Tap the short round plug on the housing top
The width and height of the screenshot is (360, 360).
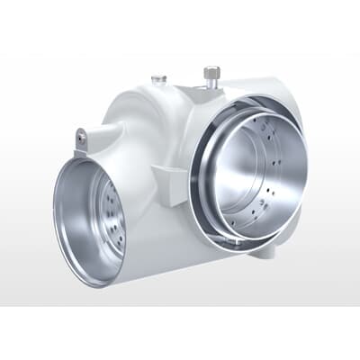click(159, 79)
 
